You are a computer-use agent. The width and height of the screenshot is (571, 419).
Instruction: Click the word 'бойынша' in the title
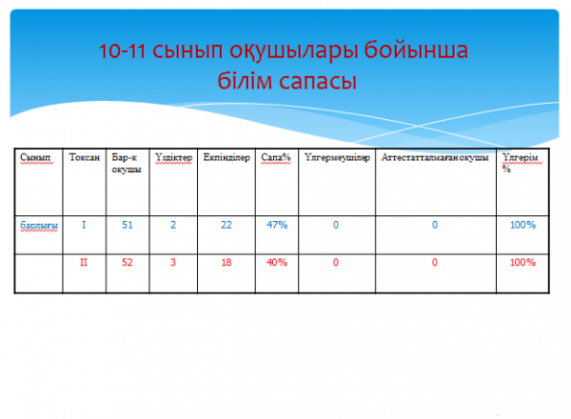(416, 50)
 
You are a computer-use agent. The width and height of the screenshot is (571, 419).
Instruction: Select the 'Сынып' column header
(36, 157)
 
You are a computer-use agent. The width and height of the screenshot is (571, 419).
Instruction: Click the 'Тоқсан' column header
(84, 157)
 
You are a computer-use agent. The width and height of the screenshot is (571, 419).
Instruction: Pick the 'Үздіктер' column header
(173, 157)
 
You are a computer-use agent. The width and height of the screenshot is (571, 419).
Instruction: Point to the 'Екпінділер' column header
(226, 157)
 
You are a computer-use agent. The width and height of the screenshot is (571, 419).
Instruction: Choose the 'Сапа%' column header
(276, 157)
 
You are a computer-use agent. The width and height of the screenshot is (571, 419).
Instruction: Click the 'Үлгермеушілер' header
(337, 157)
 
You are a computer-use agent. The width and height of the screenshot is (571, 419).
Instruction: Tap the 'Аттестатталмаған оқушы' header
(435, 157)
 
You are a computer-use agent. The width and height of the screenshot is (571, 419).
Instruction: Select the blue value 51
(128, 225)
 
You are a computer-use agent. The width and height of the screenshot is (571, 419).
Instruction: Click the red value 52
(128, 262)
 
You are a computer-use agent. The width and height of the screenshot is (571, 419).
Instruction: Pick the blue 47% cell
(277, 225)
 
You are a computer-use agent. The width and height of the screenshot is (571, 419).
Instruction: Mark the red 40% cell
(277, 262)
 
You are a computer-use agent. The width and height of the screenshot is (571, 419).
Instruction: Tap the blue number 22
(226, 225)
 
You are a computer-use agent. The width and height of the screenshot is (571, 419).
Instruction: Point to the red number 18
(226, 262)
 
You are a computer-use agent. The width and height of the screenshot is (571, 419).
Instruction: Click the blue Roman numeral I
(84, 225)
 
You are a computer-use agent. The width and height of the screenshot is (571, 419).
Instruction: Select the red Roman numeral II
(84, 262)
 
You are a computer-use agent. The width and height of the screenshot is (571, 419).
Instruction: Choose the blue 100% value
(522, 225)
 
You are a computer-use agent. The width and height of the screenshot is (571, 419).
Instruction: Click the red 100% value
(522, 262)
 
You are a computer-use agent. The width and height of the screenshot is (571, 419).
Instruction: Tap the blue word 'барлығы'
(39, 226)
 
